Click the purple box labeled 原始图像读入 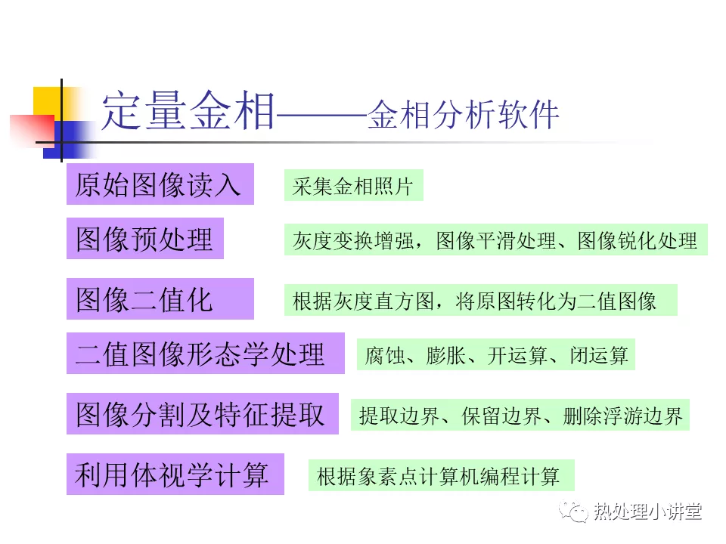pos(160,184)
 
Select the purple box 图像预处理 pos(145,238)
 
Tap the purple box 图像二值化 pos(160,299)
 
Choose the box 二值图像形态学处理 pos(206,353)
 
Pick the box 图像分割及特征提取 pos(203,413)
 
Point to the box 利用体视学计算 pos(175,474)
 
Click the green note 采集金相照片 pos(354,186)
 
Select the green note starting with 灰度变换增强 pos(496,240)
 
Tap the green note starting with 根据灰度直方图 pos(481,300)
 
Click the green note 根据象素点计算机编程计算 pos(441,475)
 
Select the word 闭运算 pos(599,356)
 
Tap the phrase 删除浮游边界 pos(622,416)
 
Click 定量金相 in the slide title pos(188,111)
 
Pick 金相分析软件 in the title pos(464,114)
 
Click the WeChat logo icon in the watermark pos(574,511)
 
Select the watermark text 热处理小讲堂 pos(647,512)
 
